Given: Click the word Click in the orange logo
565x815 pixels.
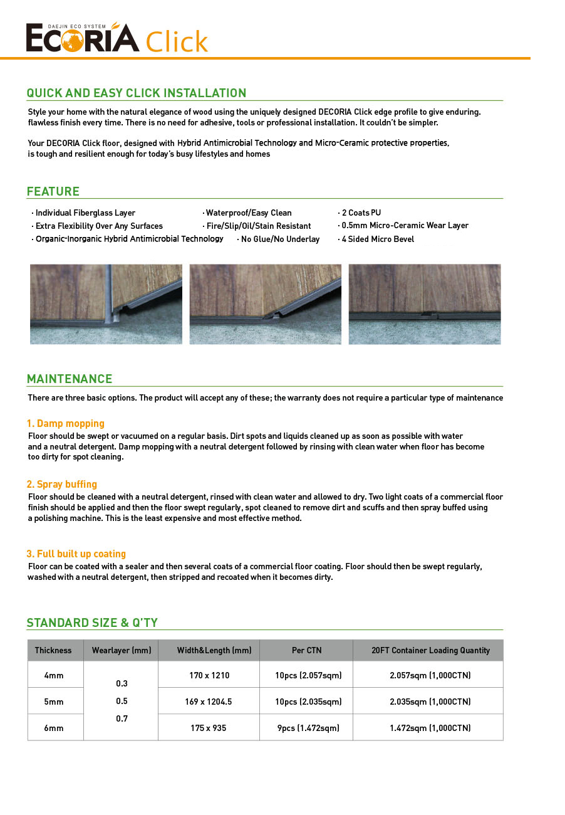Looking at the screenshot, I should [177, 41].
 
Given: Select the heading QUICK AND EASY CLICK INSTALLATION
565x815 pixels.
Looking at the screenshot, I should [137, 93].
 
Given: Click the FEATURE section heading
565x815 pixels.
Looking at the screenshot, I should [53, 192].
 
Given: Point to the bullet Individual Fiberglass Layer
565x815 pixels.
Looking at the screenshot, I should [85, 213].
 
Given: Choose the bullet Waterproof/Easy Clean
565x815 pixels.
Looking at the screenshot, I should [249, 213].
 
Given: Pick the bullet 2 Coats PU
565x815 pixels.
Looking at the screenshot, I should [361, 213].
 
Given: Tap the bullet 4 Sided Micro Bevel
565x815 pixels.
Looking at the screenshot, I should [378, 239].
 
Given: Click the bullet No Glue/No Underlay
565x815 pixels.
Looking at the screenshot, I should [280, 239].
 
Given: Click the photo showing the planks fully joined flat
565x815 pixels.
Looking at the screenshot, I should [425, 304].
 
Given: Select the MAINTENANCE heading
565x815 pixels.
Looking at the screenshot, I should [70, 379].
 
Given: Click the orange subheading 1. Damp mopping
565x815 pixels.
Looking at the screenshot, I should [66, 424].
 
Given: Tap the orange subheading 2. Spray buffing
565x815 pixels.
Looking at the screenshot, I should [62, 485].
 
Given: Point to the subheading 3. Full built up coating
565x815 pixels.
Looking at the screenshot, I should [76, 554].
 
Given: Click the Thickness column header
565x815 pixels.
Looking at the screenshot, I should [53, 651].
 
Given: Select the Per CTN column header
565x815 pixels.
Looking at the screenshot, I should [306, 651].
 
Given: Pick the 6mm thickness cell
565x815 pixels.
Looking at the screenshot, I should [54, 728].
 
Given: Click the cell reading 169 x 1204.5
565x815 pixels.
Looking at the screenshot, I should [209, 702].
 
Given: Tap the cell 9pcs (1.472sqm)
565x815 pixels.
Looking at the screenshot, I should [306, 728].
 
